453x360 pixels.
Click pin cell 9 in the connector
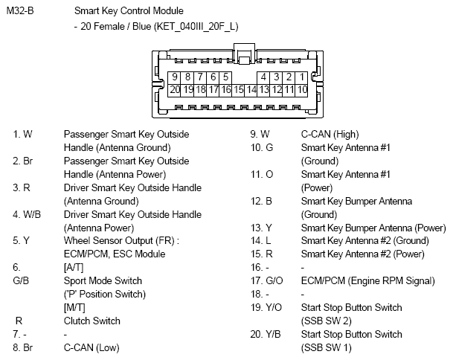point(175,77)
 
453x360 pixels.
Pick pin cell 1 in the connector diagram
point(302,77)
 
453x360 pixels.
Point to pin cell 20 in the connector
point(175,89)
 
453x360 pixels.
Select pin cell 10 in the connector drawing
point(302,89)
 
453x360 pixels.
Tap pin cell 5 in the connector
point(225,77)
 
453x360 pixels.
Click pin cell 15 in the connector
point(238,89)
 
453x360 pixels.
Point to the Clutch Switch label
point(91,321)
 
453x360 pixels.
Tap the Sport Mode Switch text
point(103,280)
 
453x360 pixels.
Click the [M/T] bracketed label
point(74,307)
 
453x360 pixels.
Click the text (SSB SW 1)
point(326,347)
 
